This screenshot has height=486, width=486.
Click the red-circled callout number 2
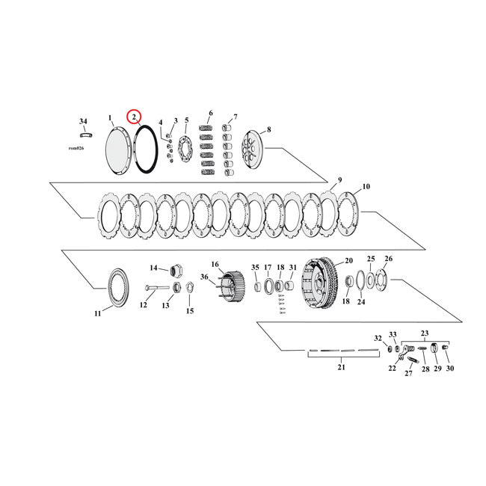coord(134,117)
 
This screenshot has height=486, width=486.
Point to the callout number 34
coord(83,120)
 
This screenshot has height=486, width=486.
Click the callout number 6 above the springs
coord(211,114)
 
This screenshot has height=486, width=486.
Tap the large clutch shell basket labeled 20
coord(320,281)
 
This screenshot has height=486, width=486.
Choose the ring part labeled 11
coord(118,288)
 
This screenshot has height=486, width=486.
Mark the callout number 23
coord(426,333)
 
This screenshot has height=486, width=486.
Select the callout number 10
coord(366,186)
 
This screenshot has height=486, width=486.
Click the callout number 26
coord(388,259)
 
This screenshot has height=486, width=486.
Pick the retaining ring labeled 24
coord(361,283)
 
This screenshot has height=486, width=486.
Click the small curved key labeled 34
coord(86,135)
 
